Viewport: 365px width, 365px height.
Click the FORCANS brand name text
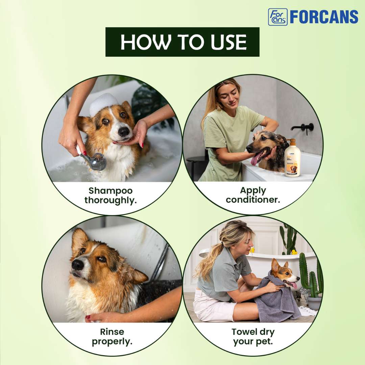324,17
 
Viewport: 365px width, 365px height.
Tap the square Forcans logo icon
278,17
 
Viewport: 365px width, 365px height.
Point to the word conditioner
253,200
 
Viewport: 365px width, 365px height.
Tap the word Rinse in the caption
112,332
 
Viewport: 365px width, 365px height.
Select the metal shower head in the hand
96,161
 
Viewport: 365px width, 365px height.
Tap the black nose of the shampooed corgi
124,131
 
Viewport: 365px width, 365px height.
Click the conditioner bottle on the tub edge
292,158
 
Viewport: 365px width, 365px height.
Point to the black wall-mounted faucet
303,127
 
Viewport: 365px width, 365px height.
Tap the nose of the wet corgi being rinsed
78,265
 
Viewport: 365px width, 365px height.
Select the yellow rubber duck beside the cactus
294,252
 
